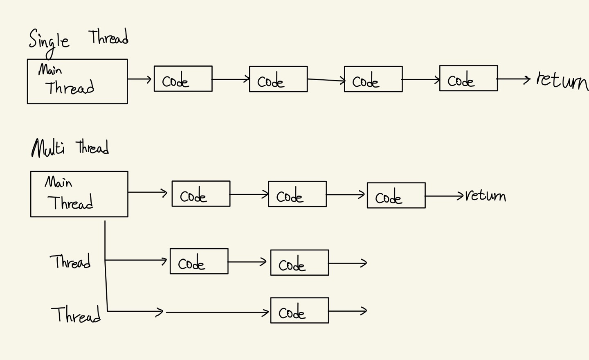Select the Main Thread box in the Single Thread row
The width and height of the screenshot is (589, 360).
click(77, 81)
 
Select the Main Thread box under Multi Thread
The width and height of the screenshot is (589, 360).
click(79, 194)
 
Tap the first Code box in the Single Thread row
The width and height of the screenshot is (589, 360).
click(183, 79)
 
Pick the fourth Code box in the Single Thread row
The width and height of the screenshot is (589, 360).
click(468, 78)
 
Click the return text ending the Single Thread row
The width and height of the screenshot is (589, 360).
click(562, 80)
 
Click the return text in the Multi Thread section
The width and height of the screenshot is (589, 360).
click(486, 196)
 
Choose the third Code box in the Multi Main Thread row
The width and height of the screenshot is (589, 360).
click(396, 196)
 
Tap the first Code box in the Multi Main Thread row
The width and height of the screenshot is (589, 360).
click(201, 193)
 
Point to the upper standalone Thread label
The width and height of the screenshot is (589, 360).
click(70, 261)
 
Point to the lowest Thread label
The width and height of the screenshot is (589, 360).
click(76, 315)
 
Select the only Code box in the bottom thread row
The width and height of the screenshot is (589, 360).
click(299, 310)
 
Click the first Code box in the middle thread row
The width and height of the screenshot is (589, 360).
click(199, 261)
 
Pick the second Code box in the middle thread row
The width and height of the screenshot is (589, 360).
click(299, 263)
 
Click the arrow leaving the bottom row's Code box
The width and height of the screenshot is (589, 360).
click(348, 311)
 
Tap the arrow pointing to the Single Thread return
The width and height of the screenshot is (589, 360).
click(514, 79)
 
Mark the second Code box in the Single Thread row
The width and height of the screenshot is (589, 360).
click(278, 79)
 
